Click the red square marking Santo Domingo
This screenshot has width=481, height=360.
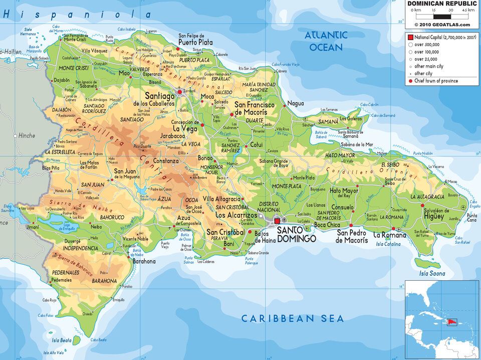(x=277, y=221)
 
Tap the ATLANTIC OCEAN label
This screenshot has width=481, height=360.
(x=326, y=41)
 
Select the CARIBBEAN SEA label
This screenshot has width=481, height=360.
(x=293, y=318)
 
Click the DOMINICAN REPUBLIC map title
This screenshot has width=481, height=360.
(x=441, y=3)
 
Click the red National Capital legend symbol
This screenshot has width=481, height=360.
(x=410, y=38)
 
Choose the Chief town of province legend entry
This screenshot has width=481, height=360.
(x=435, y=81)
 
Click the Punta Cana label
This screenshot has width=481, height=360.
(x=471, y=218)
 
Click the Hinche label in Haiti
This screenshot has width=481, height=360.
(x=27, y=135)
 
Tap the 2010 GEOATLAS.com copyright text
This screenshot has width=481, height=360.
(x=442, y=24)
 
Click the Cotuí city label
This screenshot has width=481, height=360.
(x=257, y=144)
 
